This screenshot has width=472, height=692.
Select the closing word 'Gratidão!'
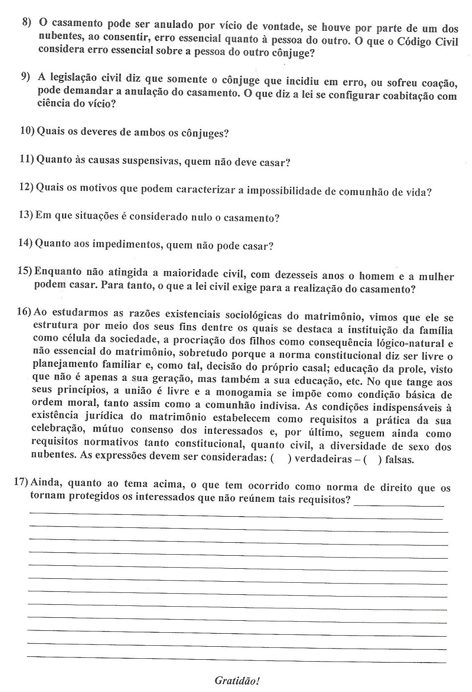tap(237, 681)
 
